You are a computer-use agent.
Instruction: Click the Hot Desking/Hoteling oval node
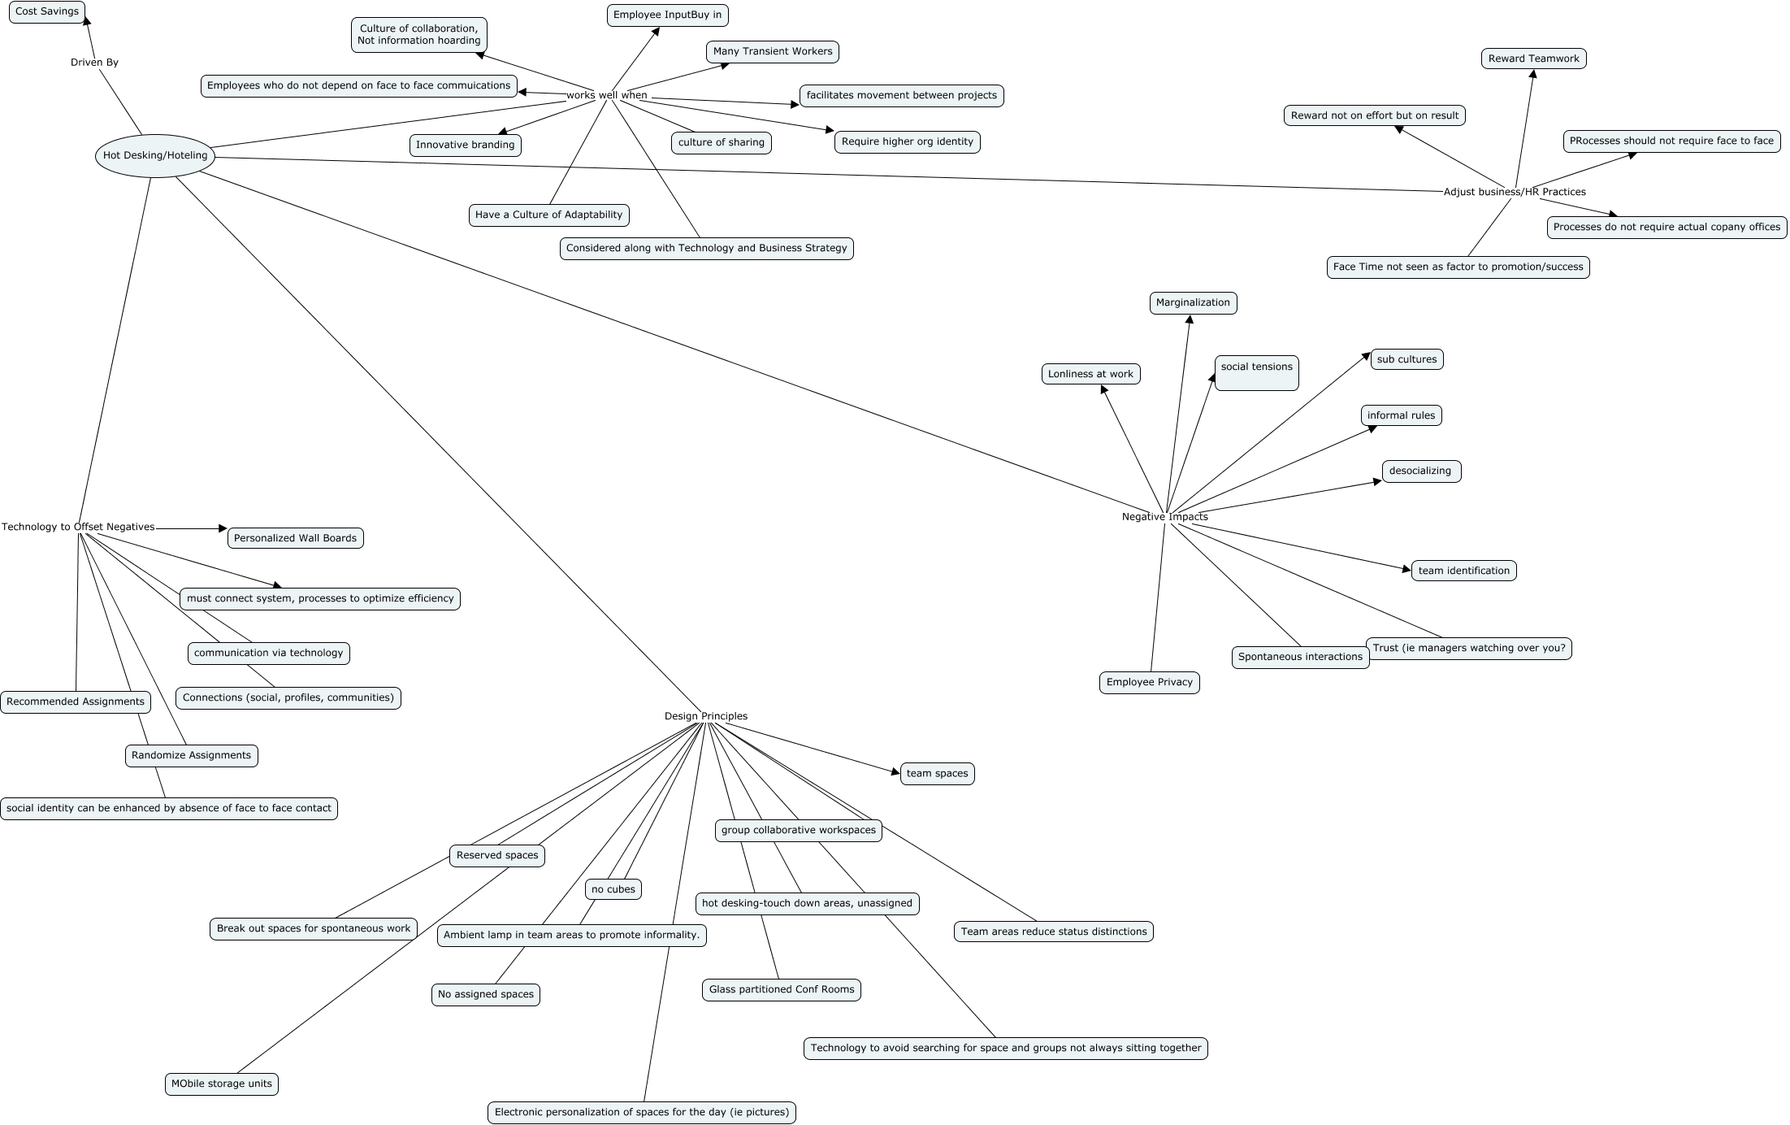(x=155, y=155)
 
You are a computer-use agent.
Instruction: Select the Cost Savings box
(x=47, y=12)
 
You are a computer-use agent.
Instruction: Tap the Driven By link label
(x=94, y=63)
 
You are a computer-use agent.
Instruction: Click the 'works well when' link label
(x=607, y=95)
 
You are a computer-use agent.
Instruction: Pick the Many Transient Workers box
(x=773, y=52)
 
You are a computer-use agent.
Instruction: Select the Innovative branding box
(x=465, y=146)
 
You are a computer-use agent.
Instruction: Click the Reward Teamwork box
(x=1533, y=59)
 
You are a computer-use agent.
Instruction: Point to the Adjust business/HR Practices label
(x=1515, y=192)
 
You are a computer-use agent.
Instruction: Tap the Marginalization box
(x=1193, y=303)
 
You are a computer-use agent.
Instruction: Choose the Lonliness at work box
(x=1090, y=374)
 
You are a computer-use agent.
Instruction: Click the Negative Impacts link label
(x=1164, y=517)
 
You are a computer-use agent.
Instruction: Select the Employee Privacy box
(x=1149, y=683)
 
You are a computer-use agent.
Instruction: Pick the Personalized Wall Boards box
(x=295, y=538)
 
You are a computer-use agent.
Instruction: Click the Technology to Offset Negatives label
(x=78, y=527)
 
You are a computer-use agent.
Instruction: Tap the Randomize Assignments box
(x=191, y=756)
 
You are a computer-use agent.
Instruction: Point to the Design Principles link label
(x=705, y=716)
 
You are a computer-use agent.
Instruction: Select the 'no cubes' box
(x=613, y=889)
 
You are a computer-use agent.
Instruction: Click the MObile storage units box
(x=221, y=1084)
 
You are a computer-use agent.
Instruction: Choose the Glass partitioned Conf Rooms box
(x=782, y=990)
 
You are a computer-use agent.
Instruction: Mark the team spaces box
(x=937, y=774)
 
